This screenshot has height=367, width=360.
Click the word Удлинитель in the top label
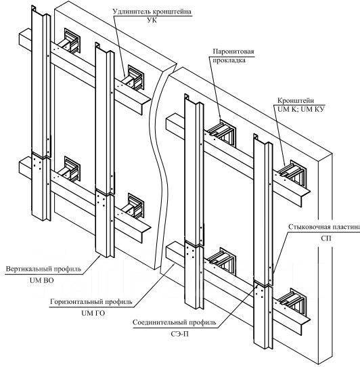[x=132, y=12]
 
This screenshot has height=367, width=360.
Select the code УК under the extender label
[x=152, y=20]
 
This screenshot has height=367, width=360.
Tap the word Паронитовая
[x=233, y=51]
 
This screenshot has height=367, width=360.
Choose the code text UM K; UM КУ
[x=301, y=109]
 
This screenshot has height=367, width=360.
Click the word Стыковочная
[x=310, y=227]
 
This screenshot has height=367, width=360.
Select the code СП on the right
[x=326, y=238]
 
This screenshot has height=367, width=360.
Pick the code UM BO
[x=42, y=280]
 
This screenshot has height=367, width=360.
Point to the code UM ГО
[x=93, y=313]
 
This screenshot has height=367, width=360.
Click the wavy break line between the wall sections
[x=162, y=169]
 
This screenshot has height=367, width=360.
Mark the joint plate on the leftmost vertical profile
[x=38, y=163]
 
